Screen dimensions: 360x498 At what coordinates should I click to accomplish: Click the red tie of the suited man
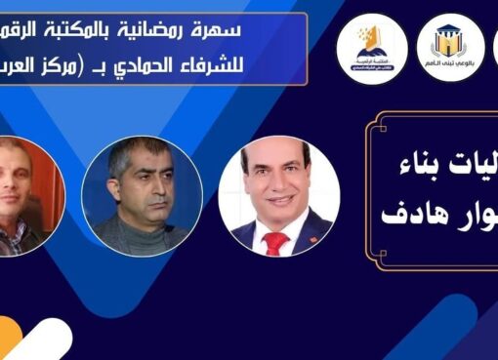[275, 241]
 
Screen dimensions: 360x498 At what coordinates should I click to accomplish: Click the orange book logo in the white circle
[370, 42]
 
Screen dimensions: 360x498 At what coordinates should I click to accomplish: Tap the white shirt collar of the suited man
[264, 227]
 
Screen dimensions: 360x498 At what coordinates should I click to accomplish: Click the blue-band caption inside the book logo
[371, 59]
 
